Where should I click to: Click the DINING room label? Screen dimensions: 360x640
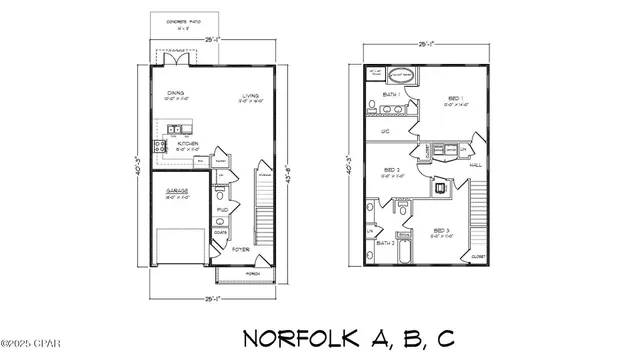click(175, 92)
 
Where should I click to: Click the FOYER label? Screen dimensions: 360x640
click(240, 249)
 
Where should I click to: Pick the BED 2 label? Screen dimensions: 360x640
click(392, 171)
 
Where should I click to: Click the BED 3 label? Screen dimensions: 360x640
click(441, 231)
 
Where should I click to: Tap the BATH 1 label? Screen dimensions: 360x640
click(391, 96)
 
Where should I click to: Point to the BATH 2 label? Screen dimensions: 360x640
click(385, 242)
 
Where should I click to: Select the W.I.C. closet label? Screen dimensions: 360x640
click(385, 131)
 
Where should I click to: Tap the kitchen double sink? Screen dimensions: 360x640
click(175, 128)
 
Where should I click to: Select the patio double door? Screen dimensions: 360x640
click(176, 60)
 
